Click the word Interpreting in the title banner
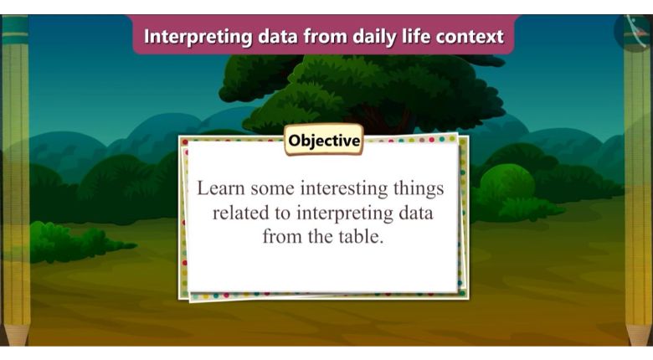[198, 37]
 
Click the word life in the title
[416, 36]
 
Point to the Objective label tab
[324, 141]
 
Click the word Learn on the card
[220, 188]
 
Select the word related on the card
[240, 213]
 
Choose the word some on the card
[272, 189]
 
